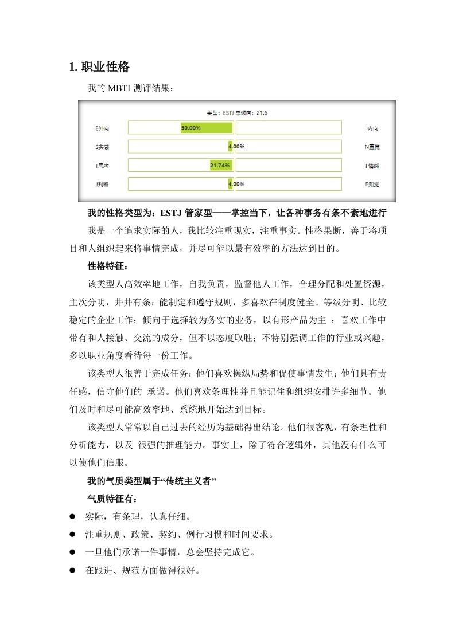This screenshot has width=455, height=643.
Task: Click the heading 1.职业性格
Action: [99, 68]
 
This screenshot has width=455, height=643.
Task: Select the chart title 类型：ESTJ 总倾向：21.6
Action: [236, 113]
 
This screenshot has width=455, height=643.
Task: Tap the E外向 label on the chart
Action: [103, 128]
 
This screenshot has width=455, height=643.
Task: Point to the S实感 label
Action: [102, 147]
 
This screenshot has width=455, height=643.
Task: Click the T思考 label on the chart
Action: [102, 166]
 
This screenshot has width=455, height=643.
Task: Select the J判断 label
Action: [102, 185]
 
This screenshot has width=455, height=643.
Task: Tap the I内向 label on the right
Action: [372, 128]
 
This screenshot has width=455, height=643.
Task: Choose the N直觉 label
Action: [372, 147]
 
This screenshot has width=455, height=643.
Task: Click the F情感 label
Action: [372, 166]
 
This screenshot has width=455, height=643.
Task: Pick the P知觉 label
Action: [372, 185]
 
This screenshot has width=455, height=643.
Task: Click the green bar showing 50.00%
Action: [207, 128]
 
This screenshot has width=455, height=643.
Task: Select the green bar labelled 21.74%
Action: [221, 166]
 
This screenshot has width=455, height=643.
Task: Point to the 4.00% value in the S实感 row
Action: [236, 147]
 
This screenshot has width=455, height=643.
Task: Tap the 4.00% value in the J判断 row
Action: [236, 185]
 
